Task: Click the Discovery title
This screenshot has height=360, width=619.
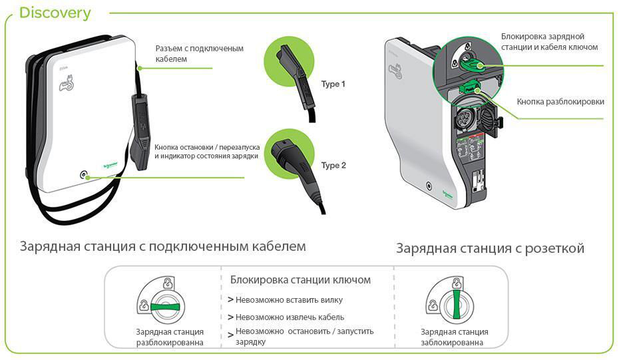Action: [55, 13]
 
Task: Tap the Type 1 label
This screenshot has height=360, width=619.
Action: [333, 84]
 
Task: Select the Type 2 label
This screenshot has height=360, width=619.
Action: [333, 166]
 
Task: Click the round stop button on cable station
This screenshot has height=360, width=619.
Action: [84, 176]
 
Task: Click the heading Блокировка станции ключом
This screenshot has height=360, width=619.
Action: [300, 280]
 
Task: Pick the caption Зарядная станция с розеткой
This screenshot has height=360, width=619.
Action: [490, 248]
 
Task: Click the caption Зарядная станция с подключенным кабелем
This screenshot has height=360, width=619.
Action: [162, 246]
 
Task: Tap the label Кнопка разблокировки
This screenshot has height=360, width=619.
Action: [560, 102]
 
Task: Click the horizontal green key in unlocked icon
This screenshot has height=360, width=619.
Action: [165, 307]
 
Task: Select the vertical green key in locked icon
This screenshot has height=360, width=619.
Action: [457, 304]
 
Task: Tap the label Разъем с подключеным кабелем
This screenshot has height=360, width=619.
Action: [200, 54]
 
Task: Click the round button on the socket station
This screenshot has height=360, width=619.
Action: [429, 186]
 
